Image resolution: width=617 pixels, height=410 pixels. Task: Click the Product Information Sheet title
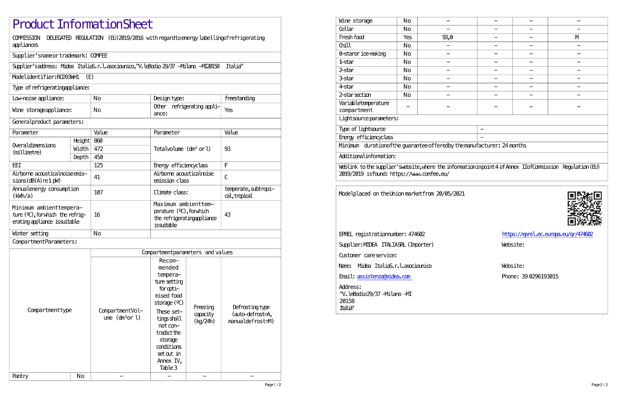83,24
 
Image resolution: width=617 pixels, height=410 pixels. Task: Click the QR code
584,208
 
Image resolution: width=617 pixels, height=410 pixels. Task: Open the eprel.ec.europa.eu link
547,234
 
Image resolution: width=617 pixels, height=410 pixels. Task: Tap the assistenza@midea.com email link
384,277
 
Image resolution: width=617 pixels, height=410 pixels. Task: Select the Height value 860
98,141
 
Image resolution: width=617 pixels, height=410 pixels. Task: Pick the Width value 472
98,149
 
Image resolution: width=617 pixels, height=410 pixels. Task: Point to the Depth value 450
98,157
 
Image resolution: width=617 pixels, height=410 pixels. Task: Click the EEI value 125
98,166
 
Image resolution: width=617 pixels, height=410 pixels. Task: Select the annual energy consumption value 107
98,192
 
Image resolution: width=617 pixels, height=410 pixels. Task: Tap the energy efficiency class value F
226,166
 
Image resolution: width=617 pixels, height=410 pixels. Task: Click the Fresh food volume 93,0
447,37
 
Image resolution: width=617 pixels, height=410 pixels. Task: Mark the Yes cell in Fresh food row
407,37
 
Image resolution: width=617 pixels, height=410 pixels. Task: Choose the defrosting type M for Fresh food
577,37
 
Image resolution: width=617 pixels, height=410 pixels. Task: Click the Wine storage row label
356,21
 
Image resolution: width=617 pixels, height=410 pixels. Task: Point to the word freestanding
239,99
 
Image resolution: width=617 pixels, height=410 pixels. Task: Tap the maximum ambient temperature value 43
228,215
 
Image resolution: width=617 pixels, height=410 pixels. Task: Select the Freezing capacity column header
204,314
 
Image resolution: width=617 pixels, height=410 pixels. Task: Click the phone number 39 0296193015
540,277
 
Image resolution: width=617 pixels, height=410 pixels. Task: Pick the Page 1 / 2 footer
273,385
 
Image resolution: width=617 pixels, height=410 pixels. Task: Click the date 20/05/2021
450,194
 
